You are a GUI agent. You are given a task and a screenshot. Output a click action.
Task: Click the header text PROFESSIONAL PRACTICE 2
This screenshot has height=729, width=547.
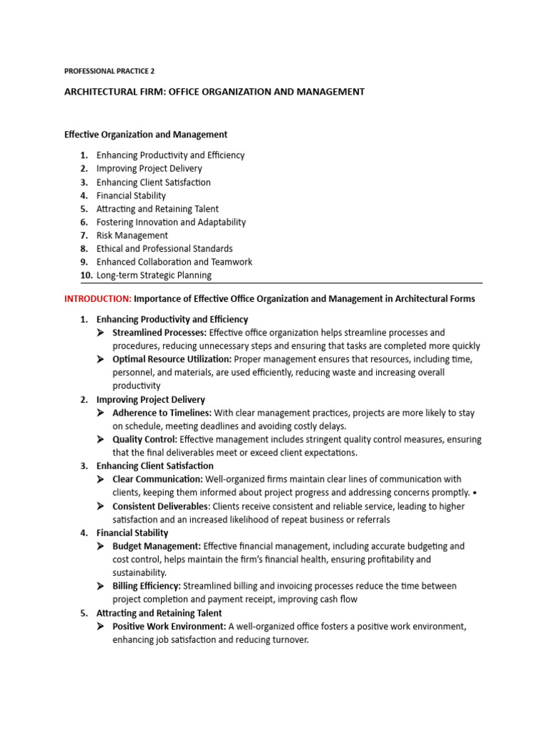pyautogui.click(x=109, y=71)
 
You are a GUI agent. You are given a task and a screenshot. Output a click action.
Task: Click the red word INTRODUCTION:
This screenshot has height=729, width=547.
pyautogui.click(x=98, y=299)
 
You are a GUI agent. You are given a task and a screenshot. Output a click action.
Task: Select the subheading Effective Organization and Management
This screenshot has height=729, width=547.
pyautogui.click(x=145, y=134)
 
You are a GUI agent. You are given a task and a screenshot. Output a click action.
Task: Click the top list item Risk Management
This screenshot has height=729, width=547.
pyautogui.click(x=132, y=236)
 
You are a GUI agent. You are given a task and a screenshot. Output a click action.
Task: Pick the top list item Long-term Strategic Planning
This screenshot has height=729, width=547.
pyautogui.click(x=154, y=276)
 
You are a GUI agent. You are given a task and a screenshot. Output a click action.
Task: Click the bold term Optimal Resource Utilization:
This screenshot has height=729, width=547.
pyautogui.click(x=170, y=360)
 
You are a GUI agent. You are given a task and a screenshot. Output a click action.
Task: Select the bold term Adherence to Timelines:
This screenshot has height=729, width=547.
pyautogui.click(x=162, y=413)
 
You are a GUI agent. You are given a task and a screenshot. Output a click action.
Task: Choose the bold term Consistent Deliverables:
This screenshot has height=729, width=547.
pyautogui.click(x=161, y=506)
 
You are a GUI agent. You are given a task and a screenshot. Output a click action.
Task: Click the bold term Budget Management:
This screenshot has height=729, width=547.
pyautogui.click(x=157, y=546)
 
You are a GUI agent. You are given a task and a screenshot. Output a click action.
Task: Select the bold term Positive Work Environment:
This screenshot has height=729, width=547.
pyautogui.click(x=170, y=626)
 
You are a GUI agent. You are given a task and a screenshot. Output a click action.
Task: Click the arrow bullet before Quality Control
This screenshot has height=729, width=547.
pyautogui.click(x=100, y=439)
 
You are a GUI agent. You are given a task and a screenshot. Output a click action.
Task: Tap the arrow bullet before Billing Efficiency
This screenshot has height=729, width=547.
pyautogui.click(x=100, y=586)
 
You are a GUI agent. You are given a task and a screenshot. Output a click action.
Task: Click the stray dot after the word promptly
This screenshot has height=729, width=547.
pyautogui.click(x=476, y=493)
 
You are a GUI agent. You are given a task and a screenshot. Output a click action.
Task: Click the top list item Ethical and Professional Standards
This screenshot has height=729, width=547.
pyautogui.click(x=165, y=248)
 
